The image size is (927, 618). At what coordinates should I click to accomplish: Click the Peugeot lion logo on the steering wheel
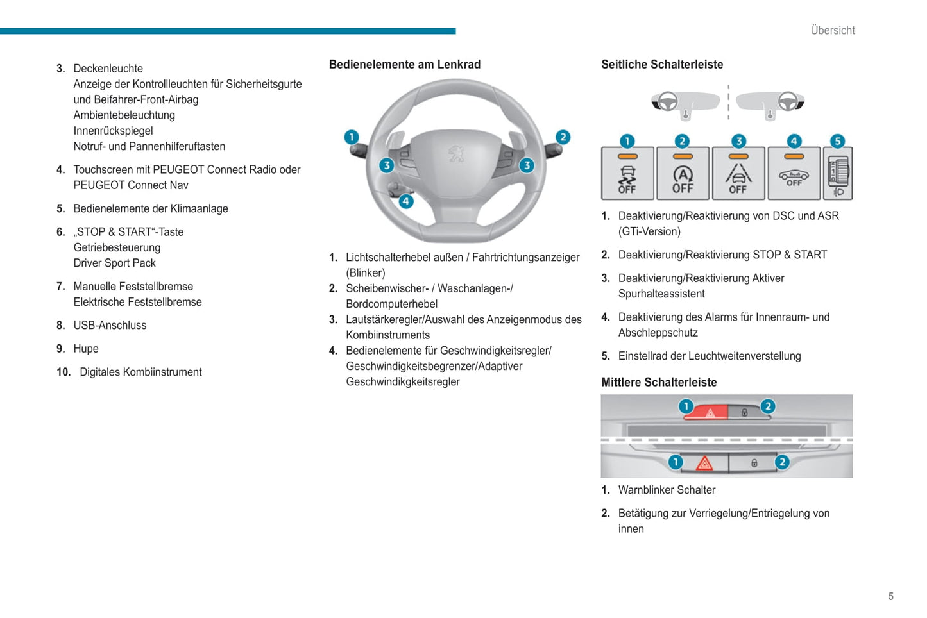point(456,153)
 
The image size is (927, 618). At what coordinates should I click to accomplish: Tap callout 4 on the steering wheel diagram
point(405,201)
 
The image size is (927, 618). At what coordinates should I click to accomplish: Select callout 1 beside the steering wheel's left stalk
point(352,137)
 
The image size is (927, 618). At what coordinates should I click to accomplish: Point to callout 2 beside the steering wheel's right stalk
point(563,137)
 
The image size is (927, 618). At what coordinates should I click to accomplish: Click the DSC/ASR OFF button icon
point(627,174)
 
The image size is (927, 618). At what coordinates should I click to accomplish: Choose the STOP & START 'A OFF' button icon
point(683,174)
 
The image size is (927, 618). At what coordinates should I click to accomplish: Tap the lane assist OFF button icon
point(738,174)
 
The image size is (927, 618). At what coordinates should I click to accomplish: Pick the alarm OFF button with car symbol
point(794,174)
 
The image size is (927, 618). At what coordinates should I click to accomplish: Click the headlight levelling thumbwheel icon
point(838,174)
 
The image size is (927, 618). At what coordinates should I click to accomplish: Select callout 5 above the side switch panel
point(837,141)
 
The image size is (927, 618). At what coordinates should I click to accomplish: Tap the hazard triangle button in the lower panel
point(704,463)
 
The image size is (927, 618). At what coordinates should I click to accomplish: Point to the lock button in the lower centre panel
point(754,463)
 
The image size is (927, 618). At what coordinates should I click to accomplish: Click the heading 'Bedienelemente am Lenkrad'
point(405,64)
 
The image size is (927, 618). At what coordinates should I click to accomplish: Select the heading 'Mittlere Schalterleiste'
point(659,382)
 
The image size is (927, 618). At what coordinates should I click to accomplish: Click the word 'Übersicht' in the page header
point(832,30)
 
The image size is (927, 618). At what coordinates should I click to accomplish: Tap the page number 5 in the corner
point(890,596)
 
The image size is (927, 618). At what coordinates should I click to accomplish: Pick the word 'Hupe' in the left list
point(86,349)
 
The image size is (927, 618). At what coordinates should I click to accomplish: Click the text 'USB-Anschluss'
point(110,325)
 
